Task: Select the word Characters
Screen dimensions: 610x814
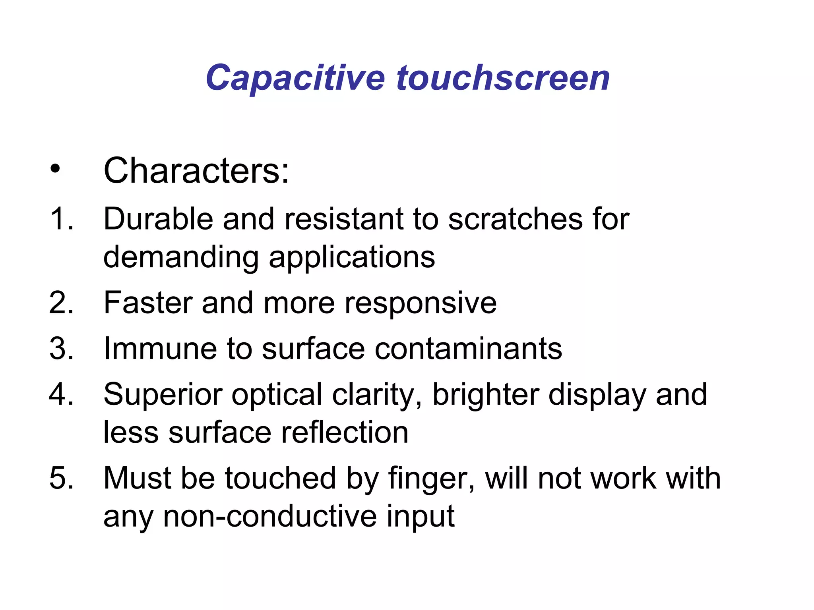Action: (x=196, y=171)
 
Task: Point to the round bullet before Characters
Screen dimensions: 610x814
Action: (x=55, y=170)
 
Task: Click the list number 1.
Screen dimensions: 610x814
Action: (x=61, y=219)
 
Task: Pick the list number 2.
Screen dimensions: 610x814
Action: (x=61, y=303)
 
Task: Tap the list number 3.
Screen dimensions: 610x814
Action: (x=61, y=349)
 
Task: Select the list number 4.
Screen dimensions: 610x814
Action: (x=61, y=394)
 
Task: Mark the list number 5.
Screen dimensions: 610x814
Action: (x=61, y=478)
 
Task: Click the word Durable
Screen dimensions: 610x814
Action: (x=158, y=219)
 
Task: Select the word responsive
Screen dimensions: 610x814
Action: (x=420, y=303)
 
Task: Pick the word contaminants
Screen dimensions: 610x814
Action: (x=468, y=349)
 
